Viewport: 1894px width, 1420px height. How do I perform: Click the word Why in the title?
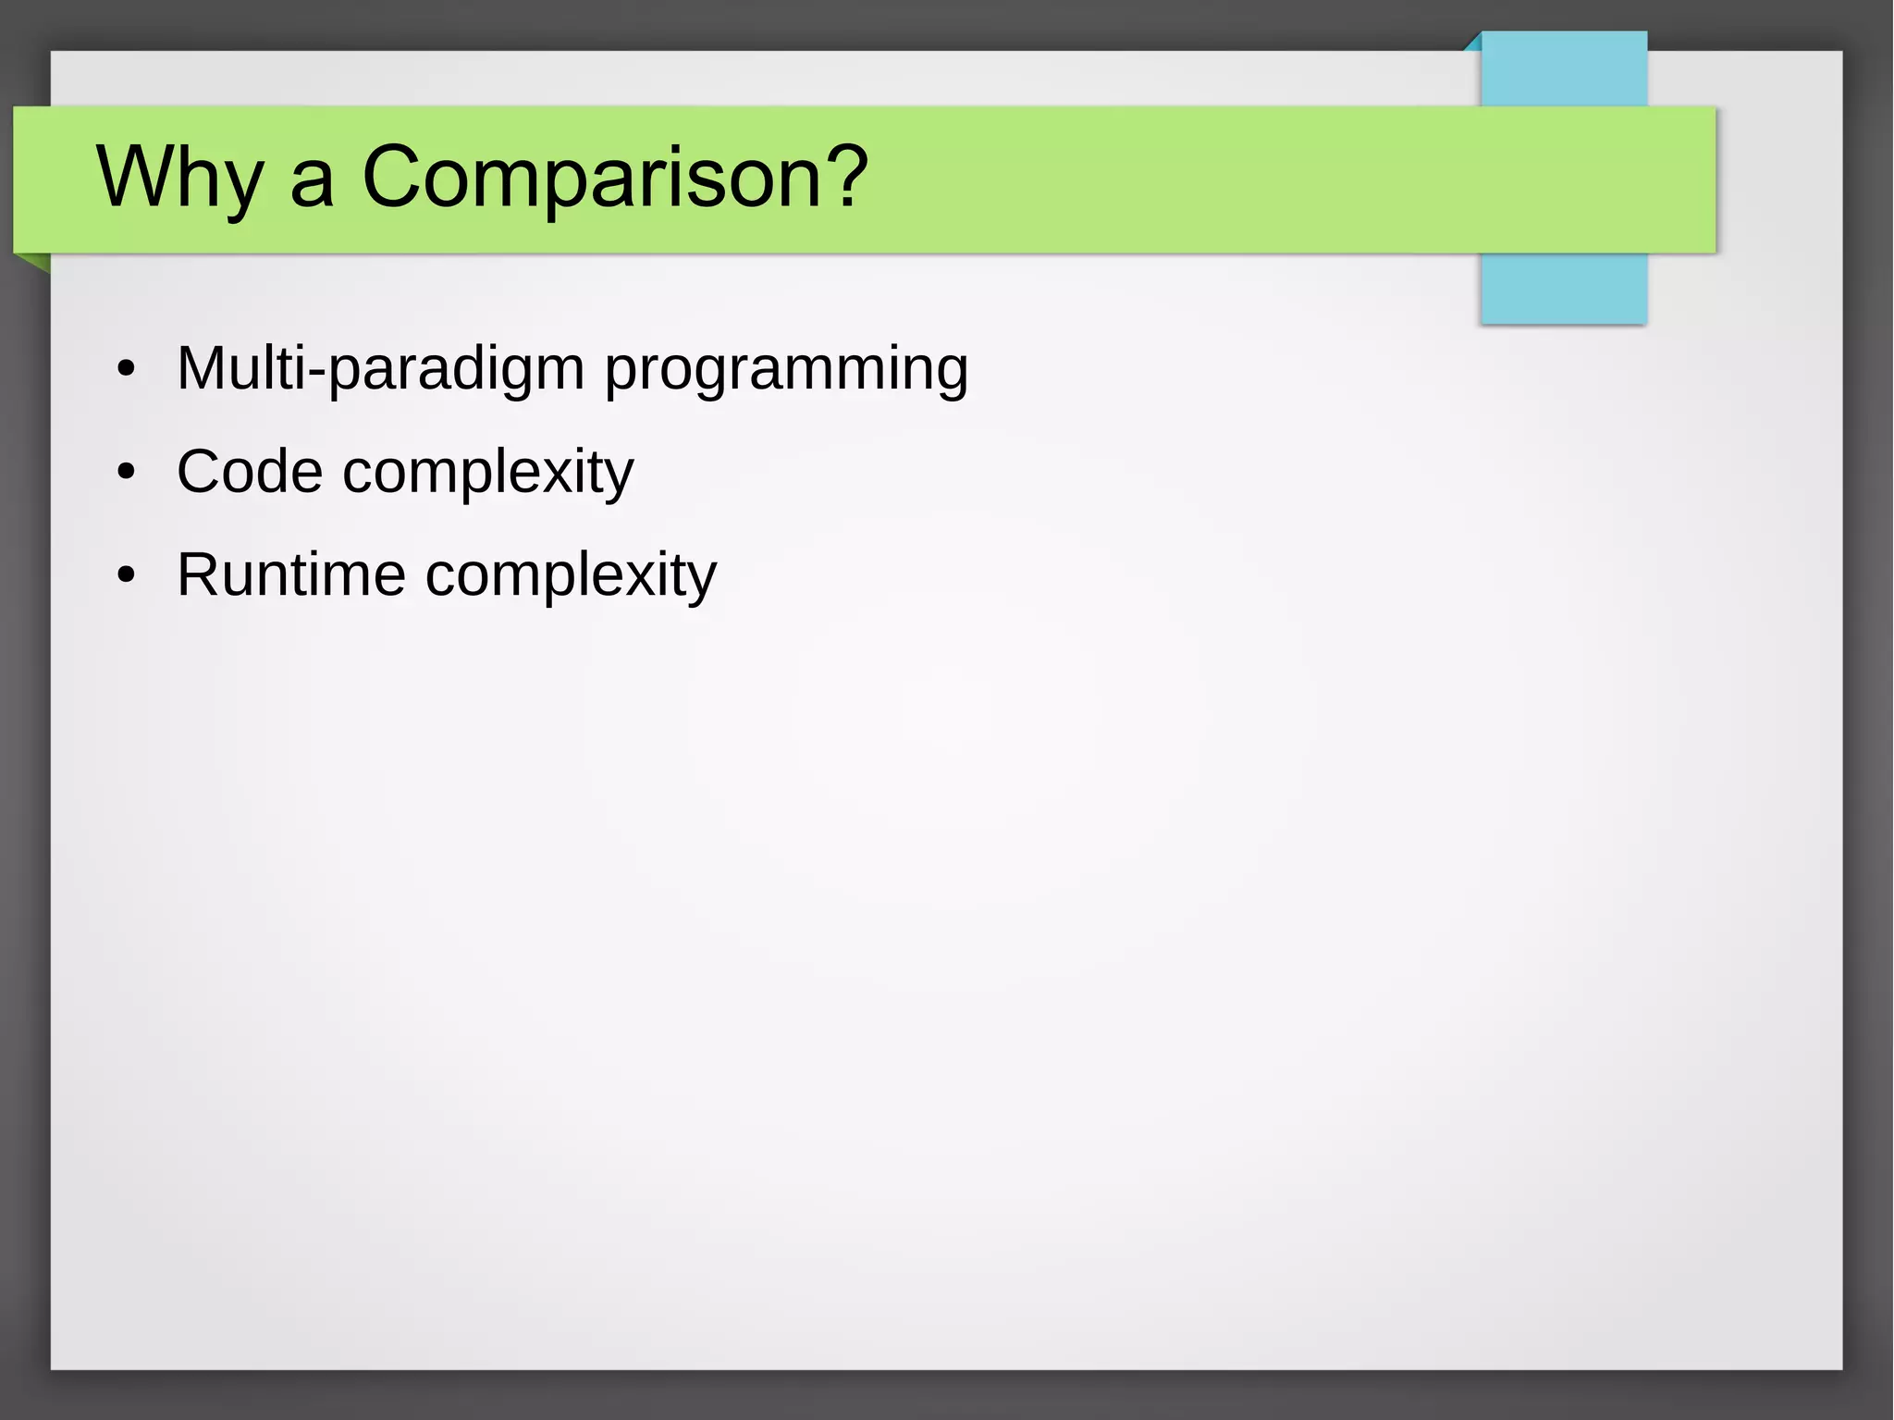point(179,178)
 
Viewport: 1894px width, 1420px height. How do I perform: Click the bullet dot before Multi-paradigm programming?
point(127,370)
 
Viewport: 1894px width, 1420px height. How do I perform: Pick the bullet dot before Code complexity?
point(127,473)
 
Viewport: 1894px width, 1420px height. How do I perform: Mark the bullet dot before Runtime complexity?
point(127,576)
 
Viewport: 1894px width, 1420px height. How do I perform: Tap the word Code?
point(250,472)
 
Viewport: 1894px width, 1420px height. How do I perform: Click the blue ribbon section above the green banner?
point(1564,69)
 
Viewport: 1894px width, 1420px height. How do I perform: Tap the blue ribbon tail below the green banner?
point(1564,288)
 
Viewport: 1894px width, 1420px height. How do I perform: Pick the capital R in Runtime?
point(198,574)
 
